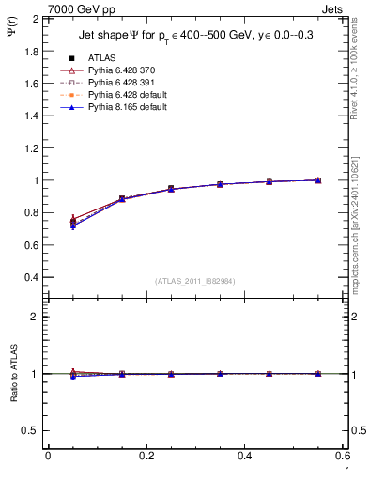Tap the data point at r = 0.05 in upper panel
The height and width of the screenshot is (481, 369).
73,222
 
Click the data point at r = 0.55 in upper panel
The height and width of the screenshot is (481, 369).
318,180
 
